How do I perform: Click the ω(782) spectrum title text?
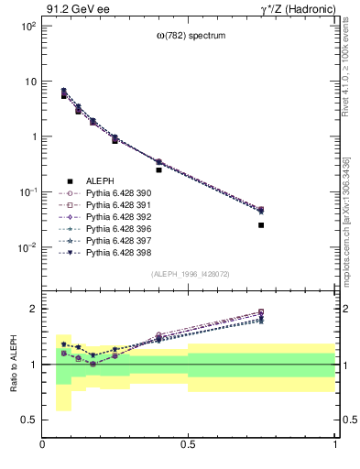coord(190,36)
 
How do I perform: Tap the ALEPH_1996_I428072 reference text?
coord(190,275)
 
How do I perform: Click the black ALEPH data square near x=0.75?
coord(261,224)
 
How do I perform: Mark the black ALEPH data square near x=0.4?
coord(158,169)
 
